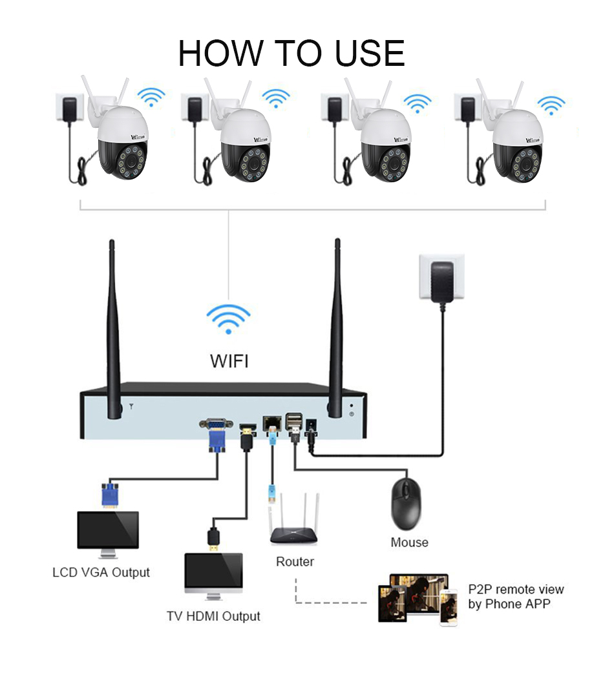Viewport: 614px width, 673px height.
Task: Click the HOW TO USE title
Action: tap(291, 53)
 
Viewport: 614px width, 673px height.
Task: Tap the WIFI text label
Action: tap(229, 360)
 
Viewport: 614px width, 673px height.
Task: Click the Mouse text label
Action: tap(409, 543)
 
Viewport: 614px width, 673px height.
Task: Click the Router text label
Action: tap(295, 562)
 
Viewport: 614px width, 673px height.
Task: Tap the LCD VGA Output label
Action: tap(101, 572)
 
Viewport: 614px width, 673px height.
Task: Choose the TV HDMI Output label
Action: tap(213, 616)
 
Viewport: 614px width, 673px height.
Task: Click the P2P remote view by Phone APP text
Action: tap(516, 597)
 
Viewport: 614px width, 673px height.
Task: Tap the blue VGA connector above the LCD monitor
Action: tap(110, 494)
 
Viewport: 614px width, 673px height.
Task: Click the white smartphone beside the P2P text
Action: tap(448, 607)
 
